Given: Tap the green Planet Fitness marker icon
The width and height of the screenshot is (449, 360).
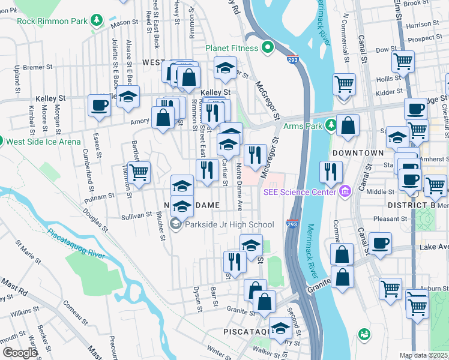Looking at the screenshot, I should tap(268, 48).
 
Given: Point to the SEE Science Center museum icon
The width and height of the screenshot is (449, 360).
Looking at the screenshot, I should tap(345, 192).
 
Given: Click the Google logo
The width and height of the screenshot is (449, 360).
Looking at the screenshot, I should tap(20, 353).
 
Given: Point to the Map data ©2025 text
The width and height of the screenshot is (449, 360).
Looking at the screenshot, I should tap(424, 355).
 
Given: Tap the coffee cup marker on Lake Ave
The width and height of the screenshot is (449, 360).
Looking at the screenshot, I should tap(381, 244).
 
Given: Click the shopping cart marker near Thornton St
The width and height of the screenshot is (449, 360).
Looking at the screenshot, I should tap(139, 173).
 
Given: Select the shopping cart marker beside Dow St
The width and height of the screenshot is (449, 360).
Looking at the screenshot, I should tap(403, 61).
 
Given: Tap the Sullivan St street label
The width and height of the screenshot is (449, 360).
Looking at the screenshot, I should tap(137, 214).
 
